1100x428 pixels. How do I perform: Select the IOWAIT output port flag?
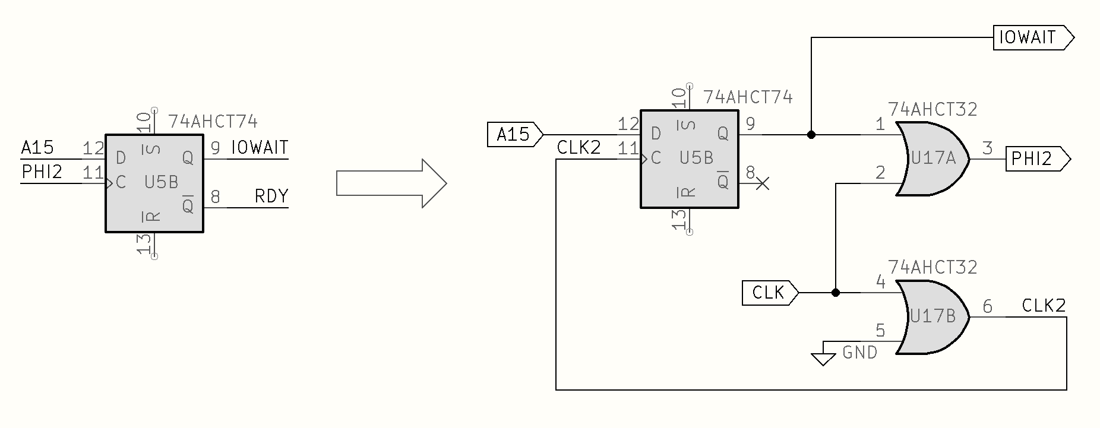tap(1033, 37)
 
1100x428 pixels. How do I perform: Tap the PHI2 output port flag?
tap(1037, 159)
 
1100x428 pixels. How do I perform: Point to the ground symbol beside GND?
tap(823, 358)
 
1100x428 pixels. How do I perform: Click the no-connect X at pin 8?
tap(763, 183)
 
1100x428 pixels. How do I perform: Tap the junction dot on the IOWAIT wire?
tap(811, 135)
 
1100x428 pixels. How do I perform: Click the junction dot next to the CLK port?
tap(836, 293)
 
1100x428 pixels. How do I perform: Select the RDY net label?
tap(271, 196)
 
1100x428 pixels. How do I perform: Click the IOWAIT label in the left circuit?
tap(260, 147)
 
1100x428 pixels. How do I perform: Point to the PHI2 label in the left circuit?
tap(42, 172)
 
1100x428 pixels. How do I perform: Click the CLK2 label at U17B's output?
tap(1044, 306)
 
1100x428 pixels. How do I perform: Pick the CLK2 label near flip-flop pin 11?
tap(579, 148)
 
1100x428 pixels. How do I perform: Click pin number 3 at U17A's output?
tap(987, 148)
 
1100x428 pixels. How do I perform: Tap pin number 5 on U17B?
tap(880, 331)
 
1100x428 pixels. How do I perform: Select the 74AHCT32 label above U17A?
tap(933, 109)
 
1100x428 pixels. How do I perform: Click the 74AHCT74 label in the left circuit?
tap(213, 122)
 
